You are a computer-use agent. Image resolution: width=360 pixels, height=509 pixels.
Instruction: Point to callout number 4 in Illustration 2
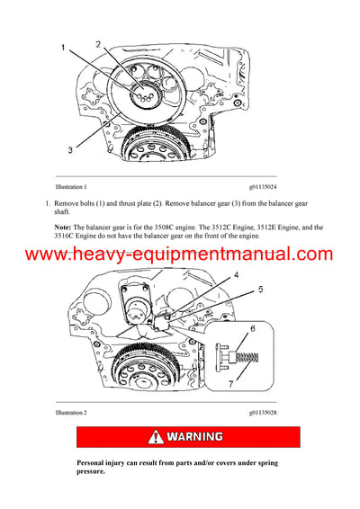pos(236,273)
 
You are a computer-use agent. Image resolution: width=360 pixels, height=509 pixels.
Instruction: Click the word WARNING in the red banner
pos(189,437)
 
